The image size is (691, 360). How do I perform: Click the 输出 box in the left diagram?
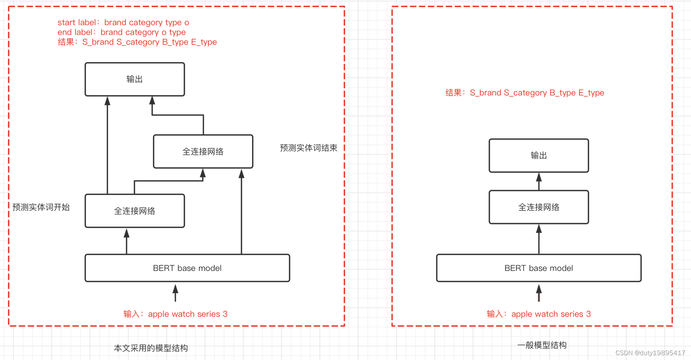click(134, 79)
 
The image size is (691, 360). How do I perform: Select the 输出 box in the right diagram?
click(539, 156)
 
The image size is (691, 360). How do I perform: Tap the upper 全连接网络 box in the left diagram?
click(203, 151)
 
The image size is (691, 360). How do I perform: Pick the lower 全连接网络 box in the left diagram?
click(134, 211)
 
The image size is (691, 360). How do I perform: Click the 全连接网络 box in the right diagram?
click(539, 207)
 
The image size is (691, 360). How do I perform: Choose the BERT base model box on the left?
click(187, 268)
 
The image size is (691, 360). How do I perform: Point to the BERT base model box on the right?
click(539, 268)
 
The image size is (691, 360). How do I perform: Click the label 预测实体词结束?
click(308, 148)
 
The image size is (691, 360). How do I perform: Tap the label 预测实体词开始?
click(41, 207)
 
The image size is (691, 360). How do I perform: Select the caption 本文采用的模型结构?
click(151, 348)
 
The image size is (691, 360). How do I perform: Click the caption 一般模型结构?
click(542, 345)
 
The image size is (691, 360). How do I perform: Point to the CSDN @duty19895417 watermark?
click(650, 353)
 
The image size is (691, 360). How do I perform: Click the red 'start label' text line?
click(123, 23)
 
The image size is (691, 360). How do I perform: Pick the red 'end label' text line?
click(121, 32)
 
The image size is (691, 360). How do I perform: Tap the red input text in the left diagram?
click(175, 314)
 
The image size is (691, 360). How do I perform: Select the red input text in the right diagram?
click(539, 314)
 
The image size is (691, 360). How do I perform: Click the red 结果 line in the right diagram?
click(525, 93)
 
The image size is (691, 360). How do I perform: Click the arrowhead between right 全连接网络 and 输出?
click(539, 177)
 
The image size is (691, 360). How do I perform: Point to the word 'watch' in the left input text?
click(183, 314)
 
